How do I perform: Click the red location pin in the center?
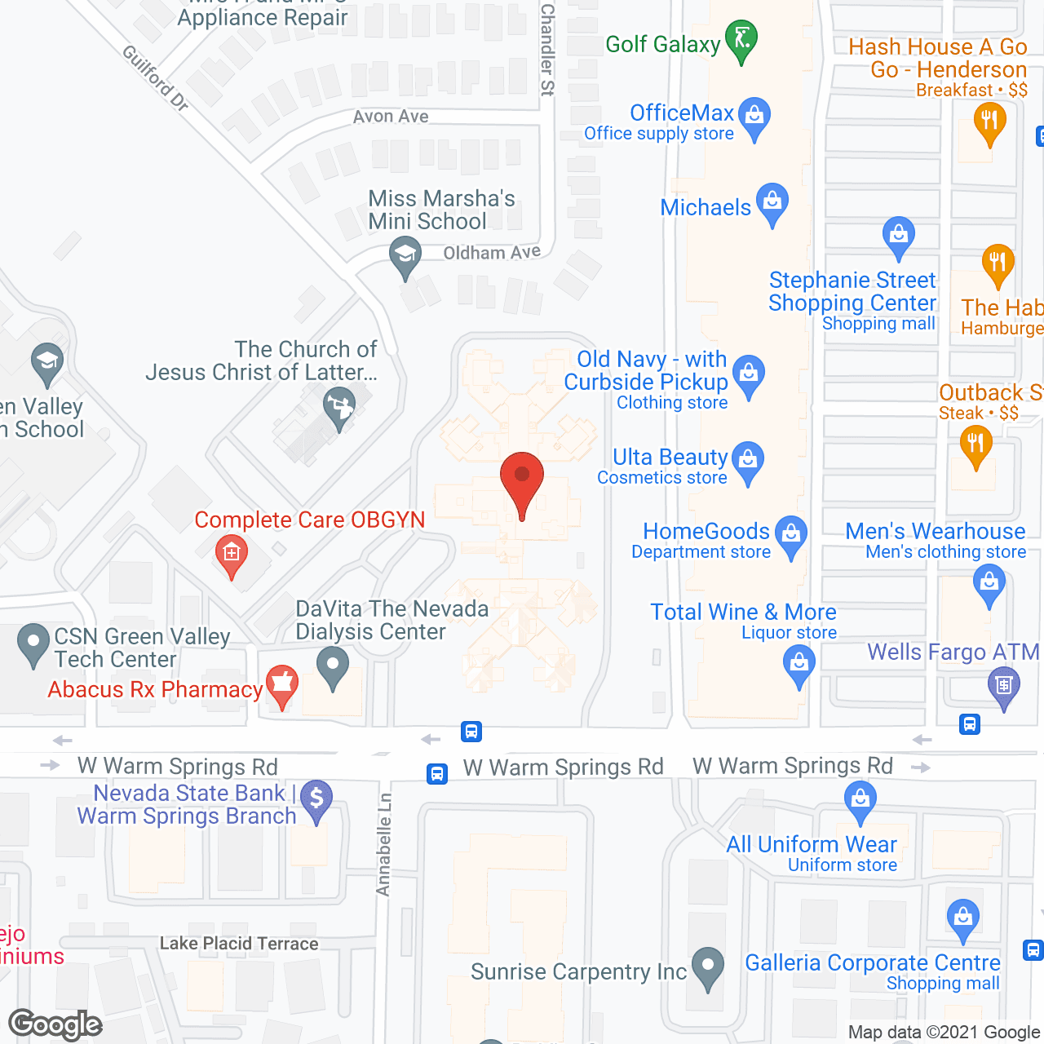[x=521, y=481]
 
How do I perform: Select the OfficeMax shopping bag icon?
[x=754, y=117]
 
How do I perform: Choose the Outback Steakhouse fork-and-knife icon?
[x=975, y=445]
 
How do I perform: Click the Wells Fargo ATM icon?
[x=1004, y=686]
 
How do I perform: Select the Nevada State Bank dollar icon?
[x=316, y=799]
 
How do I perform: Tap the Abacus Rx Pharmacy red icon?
[x=282, y=684]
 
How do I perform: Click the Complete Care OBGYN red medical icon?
[x=232, y=555]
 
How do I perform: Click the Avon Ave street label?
[x=391, y=117]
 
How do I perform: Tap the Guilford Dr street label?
[x=155, y=77]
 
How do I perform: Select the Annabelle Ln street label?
[x=384, y=844]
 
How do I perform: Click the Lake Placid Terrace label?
[x=239, y=944]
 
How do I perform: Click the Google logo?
[x=55, y=1024]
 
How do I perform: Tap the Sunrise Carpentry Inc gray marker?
[x=707, y=967]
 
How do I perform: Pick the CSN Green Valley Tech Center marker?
[x=33, y=644]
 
